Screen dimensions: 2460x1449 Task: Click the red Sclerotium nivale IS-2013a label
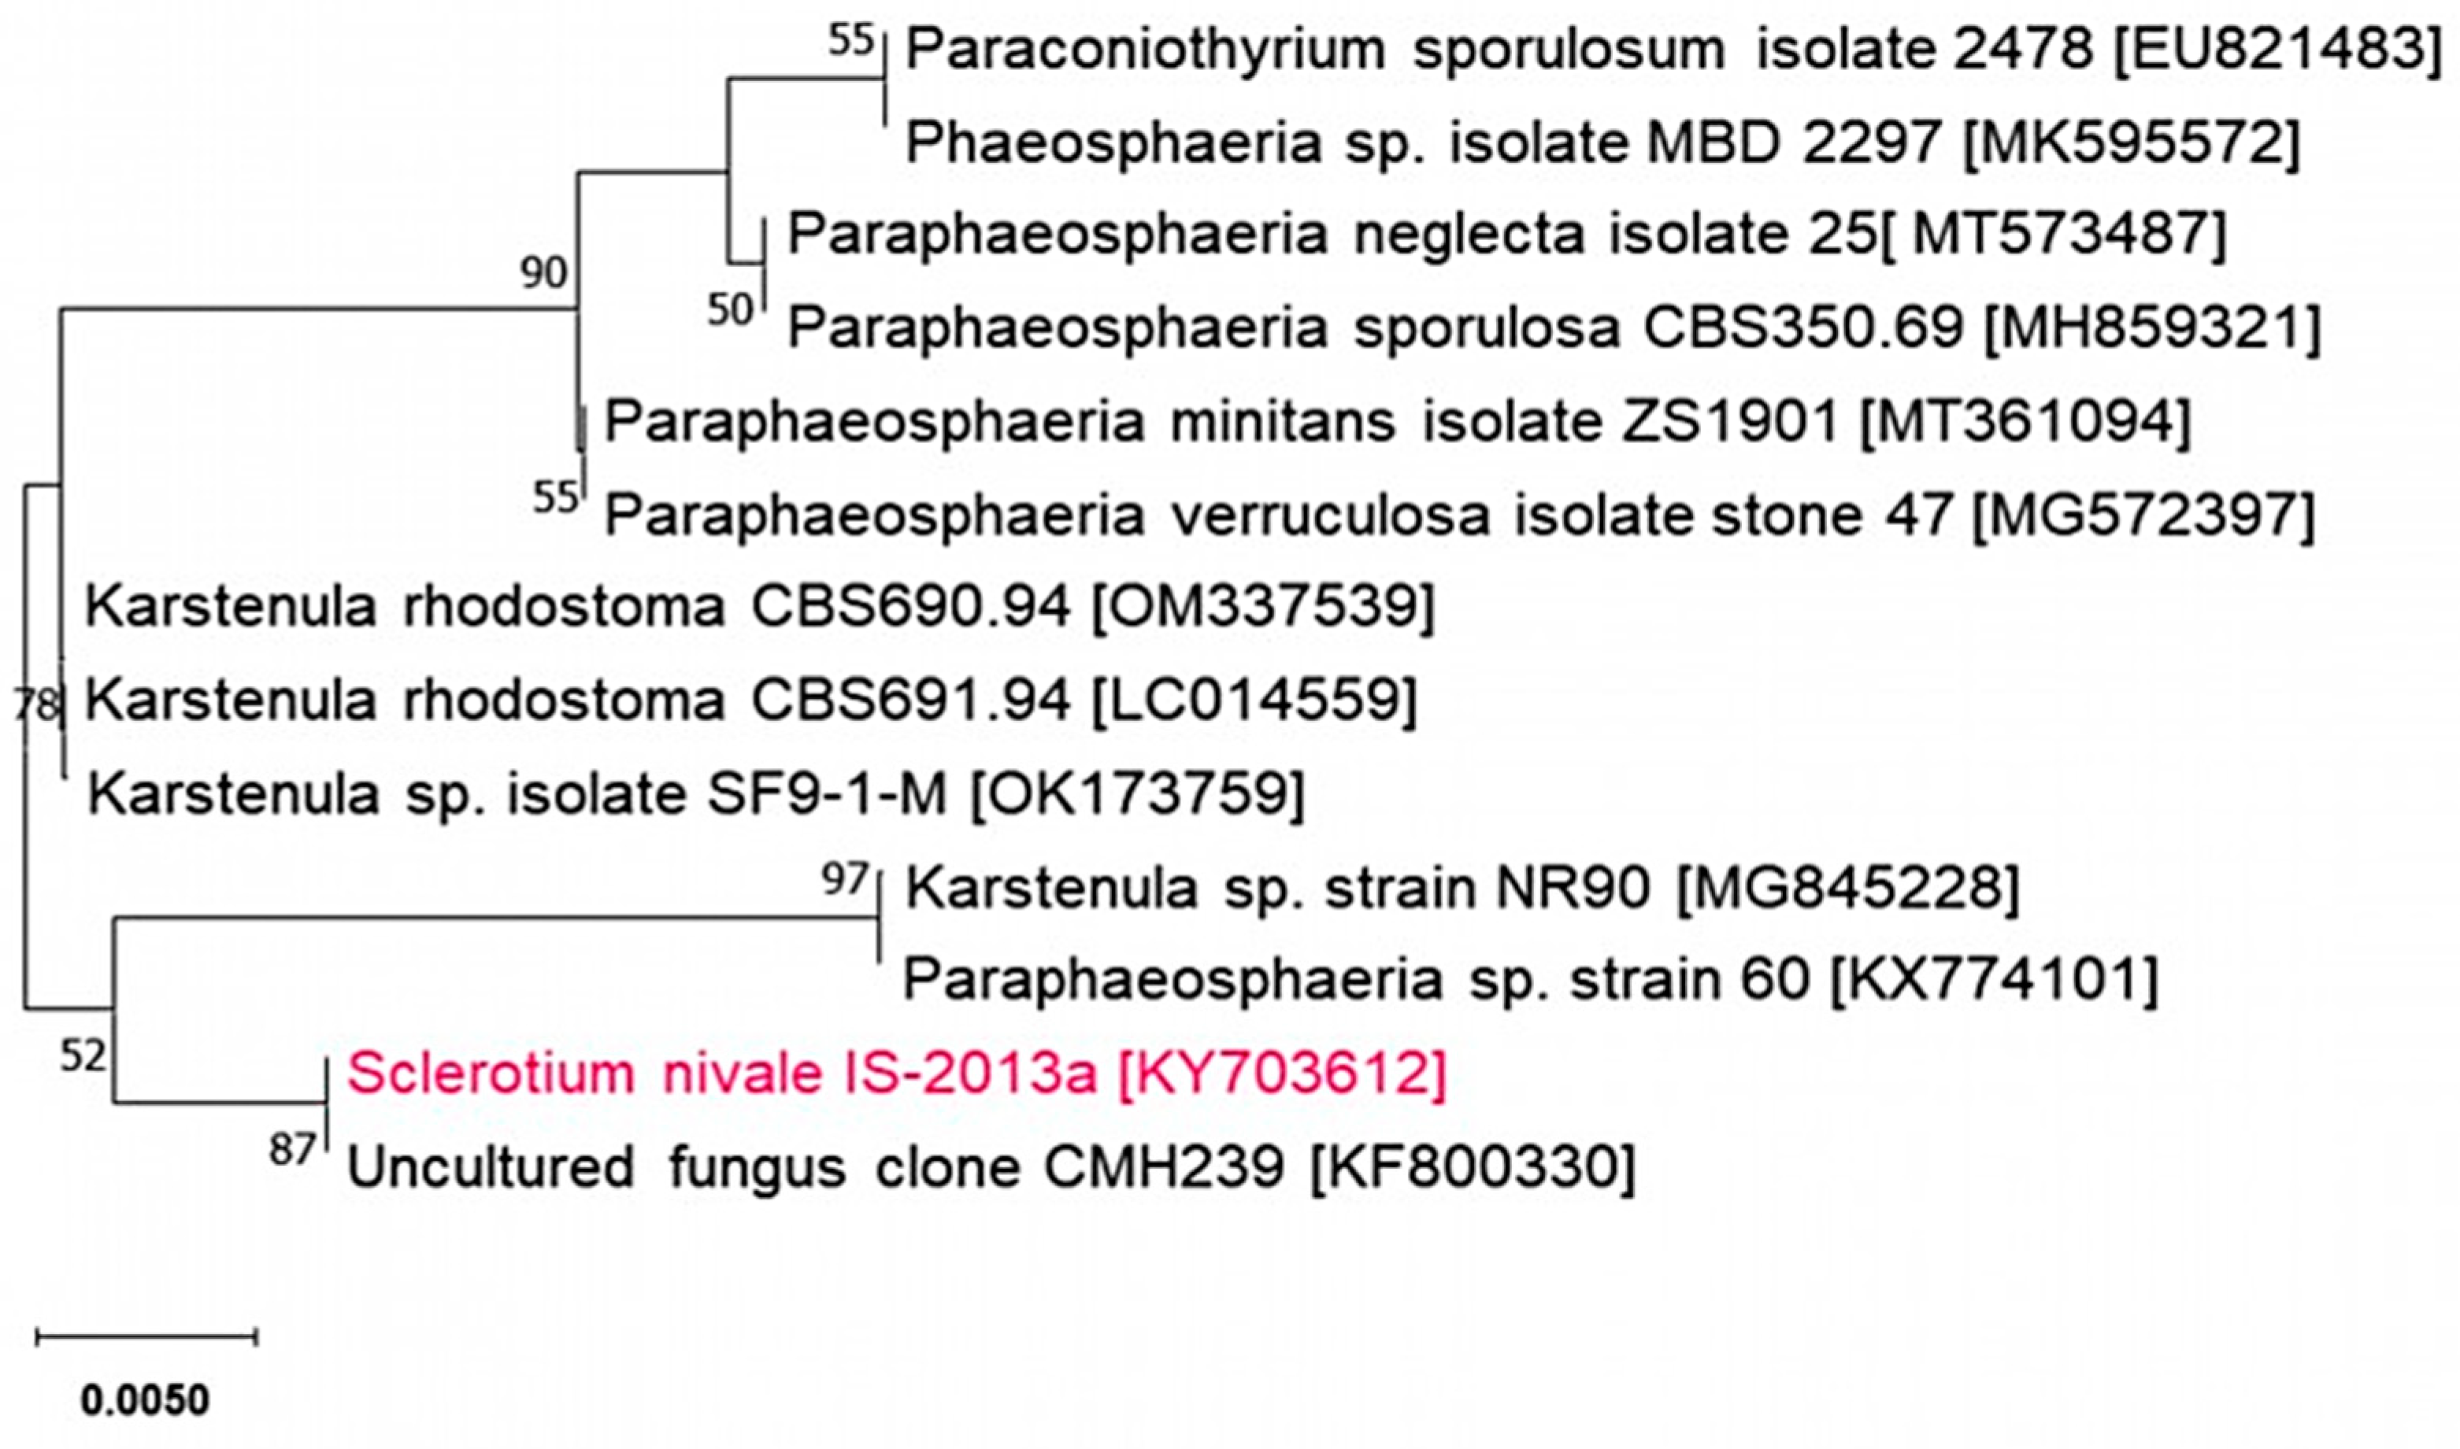click(895, 1074)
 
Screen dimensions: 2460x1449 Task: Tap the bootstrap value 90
click(543, 272)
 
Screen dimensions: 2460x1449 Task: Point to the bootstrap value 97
click(845, 880)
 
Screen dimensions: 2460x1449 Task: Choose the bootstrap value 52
click(82, 1056)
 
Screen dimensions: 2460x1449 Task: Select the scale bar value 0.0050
click(145, 1401)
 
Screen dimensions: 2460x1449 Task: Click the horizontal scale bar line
click(146, 1336)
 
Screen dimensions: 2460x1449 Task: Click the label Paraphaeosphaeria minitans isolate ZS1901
click(1221, 423)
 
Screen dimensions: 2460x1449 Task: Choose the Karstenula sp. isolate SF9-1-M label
click(517, 794)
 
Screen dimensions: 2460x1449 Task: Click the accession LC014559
click(1253, 700)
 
